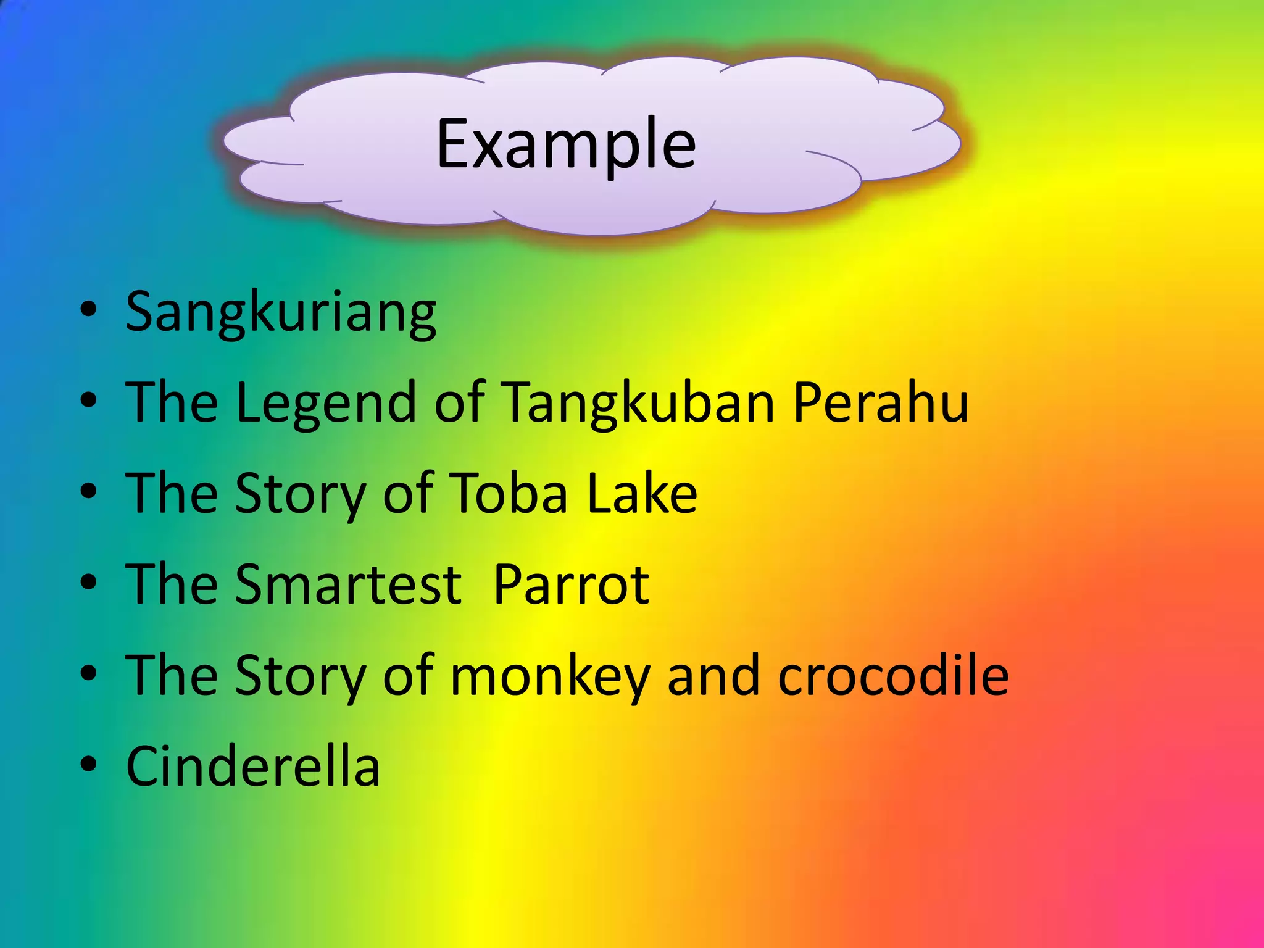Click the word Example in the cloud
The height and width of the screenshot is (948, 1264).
(x=566, y=146)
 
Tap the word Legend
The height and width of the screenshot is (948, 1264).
(x=326, y=403)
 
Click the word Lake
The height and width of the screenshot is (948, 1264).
(x=642, y=493)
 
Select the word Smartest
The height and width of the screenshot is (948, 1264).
(x=347, y=584)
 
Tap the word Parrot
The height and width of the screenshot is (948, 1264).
(x=571, y=584)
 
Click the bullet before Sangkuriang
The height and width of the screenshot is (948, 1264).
(x=89, y=310)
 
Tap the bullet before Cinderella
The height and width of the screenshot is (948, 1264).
(x=89, y=764)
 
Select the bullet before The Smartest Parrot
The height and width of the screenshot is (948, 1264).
(x=89, y=583)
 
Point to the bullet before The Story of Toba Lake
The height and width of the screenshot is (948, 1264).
(x=89, y=492)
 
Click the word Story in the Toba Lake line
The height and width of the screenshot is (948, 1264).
(x=301, y=494)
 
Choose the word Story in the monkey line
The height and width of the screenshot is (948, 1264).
(x=301, y=676)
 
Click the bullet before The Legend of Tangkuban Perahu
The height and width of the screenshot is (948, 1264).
(x=89, y=401)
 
